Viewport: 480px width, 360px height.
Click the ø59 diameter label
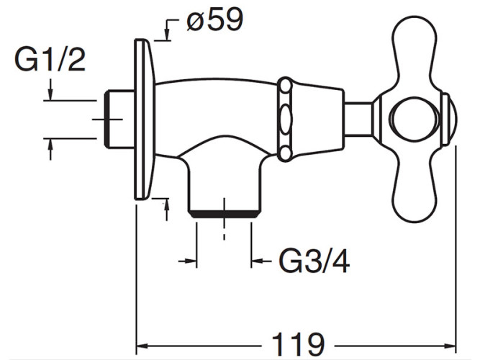point(214,19)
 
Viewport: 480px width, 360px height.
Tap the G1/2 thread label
point(50,60)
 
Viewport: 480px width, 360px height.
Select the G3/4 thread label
point(314,261)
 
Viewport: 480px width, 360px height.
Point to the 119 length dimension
point(298,344)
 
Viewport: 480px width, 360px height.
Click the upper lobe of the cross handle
point(415,52)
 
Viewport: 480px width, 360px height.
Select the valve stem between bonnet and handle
point(358,119)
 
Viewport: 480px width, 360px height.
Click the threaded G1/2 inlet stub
point(119,120)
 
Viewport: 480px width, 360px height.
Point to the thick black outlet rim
point(224,214)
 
